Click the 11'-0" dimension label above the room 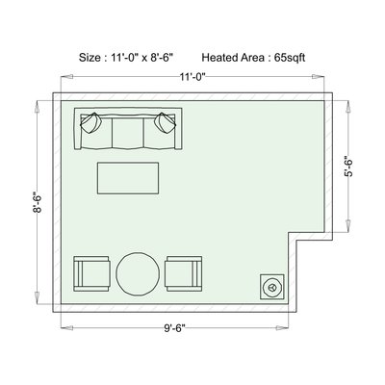pyautogui.click(x=192, y=77)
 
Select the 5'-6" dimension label pyautogui.click(x=348, y=167)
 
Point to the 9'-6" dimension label pyautogui.click(x=175, y=328)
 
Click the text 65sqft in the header pyautogui.click(x=290, y=58)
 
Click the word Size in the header pyautogui.click(x=90, y=58)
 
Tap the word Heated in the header pyautogui.click(x=219, y=58)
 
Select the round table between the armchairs pyautogui.click(x=138, y=274)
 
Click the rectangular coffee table pyautogui.click(x=128, y=178)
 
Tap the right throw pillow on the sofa pyautogui.click(x=166, y=123)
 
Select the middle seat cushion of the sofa pyautogui.click(x=128, y=132)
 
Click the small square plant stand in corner pyautogui.click(x=272, y=287)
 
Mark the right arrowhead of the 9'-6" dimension pyautogui.click(x=282, y=328)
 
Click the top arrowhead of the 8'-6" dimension pyautogui.click(x=38, y=107)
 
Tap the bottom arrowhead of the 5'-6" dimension pyautogui.click(x=348, y=225)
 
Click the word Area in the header pyautogui.click(x=252, y=58)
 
